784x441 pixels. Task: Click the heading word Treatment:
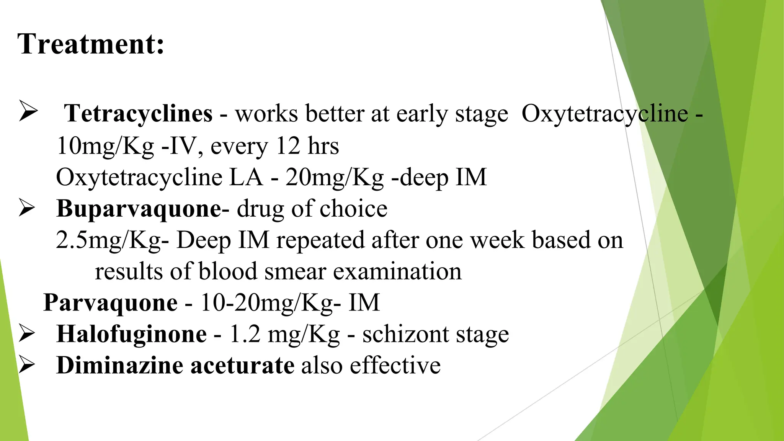coord(91,44)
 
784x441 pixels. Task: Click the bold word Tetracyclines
coord(138,114)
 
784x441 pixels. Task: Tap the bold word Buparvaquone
coord(139,209)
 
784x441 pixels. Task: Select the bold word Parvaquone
coord(110,303)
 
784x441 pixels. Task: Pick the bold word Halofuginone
coord(131,334)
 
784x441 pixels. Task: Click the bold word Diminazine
coord(119,365)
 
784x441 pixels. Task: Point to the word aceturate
coord(242,365)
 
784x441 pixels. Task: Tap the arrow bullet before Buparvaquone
coord(27,209)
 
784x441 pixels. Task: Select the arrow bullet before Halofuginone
coord(27,334)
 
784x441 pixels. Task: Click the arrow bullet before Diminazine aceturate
coord(27,365)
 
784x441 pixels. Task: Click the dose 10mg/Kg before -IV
coord(105,146)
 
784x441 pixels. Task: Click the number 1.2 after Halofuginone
coord(245,334)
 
